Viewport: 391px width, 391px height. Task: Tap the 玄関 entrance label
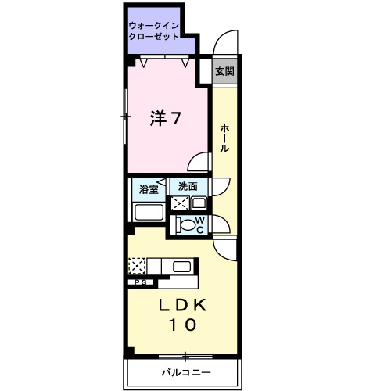[x=224, y=71]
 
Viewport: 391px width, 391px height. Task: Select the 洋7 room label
[x=166, y=119]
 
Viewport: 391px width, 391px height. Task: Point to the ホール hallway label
[x=224, y=138]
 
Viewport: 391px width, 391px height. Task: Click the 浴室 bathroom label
[x=149, y=189]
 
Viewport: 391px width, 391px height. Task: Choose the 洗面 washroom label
[x=188, y=187]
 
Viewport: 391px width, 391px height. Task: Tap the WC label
[x=199, y=224]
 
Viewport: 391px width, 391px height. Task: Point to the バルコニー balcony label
[x=186, y=372]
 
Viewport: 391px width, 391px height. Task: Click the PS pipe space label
[x=141, y=282]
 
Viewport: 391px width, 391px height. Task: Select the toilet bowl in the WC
[x=186, y=225]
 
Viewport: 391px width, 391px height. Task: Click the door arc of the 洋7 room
[x=201, y=163]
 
